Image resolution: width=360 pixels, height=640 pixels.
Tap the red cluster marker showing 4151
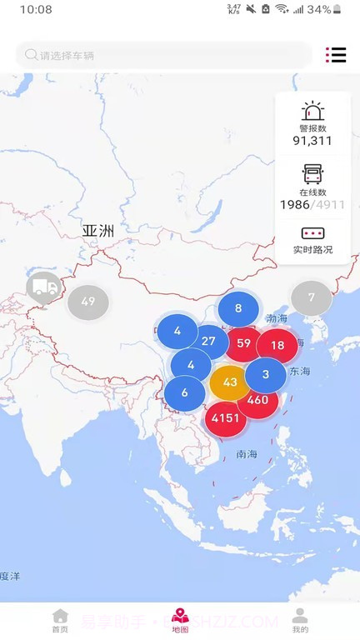226,417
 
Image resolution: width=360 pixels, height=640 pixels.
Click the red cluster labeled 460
257,400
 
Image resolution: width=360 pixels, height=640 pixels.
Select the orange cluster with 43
230,382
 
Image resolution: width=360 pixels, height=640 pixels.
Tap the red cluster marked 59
243,342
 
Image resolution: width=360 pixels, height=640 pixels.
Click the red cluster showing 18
277,345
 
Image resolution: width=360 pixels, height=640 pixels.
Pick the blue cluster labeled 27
208,341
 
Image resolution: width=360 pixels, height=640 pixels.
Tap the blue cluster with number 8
238,308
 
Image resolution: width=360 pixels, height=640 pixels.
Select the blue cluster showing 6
184,393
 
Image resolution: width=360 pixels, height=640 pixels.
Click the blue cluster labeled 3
266,374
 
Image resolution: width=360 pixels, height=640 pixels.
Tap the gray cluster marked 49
88,302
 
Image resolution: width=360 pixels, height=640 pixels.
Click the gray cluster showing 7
311,297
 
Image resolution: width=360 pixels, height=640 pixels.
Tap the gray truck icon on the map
43,287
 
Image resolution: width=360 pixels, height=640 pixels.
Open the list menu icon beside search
336,55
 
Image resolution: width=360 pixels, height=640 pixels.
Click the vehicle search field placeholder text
67,56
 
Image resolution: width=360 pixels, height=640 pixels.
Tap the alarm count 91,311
312,140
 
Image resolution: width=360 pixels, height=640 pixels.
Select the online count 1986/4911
312,204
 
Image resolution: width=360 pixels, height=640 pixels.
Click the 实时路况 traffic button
312,249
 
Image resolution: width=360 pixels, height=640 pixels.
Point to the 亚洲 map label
97,230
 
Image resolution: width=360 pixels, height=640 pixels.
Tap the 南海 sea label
247,454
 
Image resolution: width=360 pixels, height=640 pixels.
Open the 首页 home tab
60,621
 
